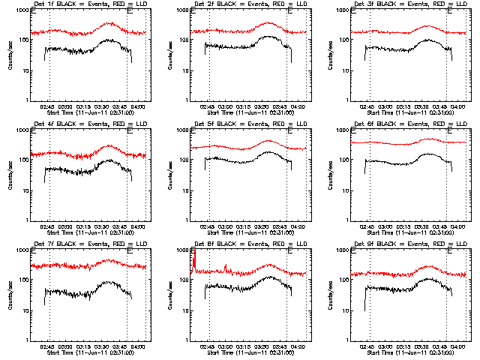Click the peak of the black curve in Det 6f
[430, 154]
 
